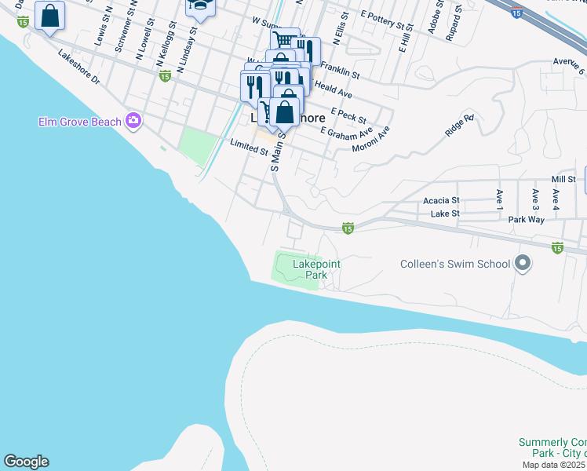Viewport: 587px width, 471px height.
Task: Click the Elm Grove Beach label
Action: pyautogui.click(x=80, y=122)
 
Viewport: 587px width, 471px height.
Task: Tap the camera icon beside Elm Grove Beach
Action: pyautogui.click(x=133, y=120)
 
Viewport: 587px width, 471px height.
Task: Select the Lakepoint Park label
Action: pyautogui.click(x=316, y=270)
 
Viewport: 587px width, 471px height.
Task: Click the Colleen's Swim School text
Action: pyautogui.click(x=455, y=264)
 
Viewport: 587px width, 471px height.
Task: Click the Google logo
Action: pyautogui.click(x=26, y=462)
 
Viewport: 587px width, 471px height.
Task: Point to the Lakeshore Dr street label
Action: pyautogui.click(x=79, y=68)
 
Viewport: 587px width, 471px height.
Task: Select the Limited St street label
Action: pyautogui.click(x=250, y=146)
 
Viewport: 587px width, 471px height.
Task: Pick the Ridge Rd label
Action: pyautogui.click(x=460, y=126)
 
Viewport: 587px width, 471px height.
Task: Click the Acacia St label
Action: pyautogui.click(x=441, y=201)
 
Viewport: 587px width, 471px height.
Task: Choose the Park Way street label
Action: pyautogui.click(x=526, y=220)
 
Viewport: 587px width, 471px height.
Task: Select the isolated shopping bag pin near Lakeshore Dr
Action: pyautogui.click(x=50, y=16)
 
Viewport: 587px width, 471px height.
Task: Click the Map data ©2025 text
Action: pyautogui.click(x=554, y=465)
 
